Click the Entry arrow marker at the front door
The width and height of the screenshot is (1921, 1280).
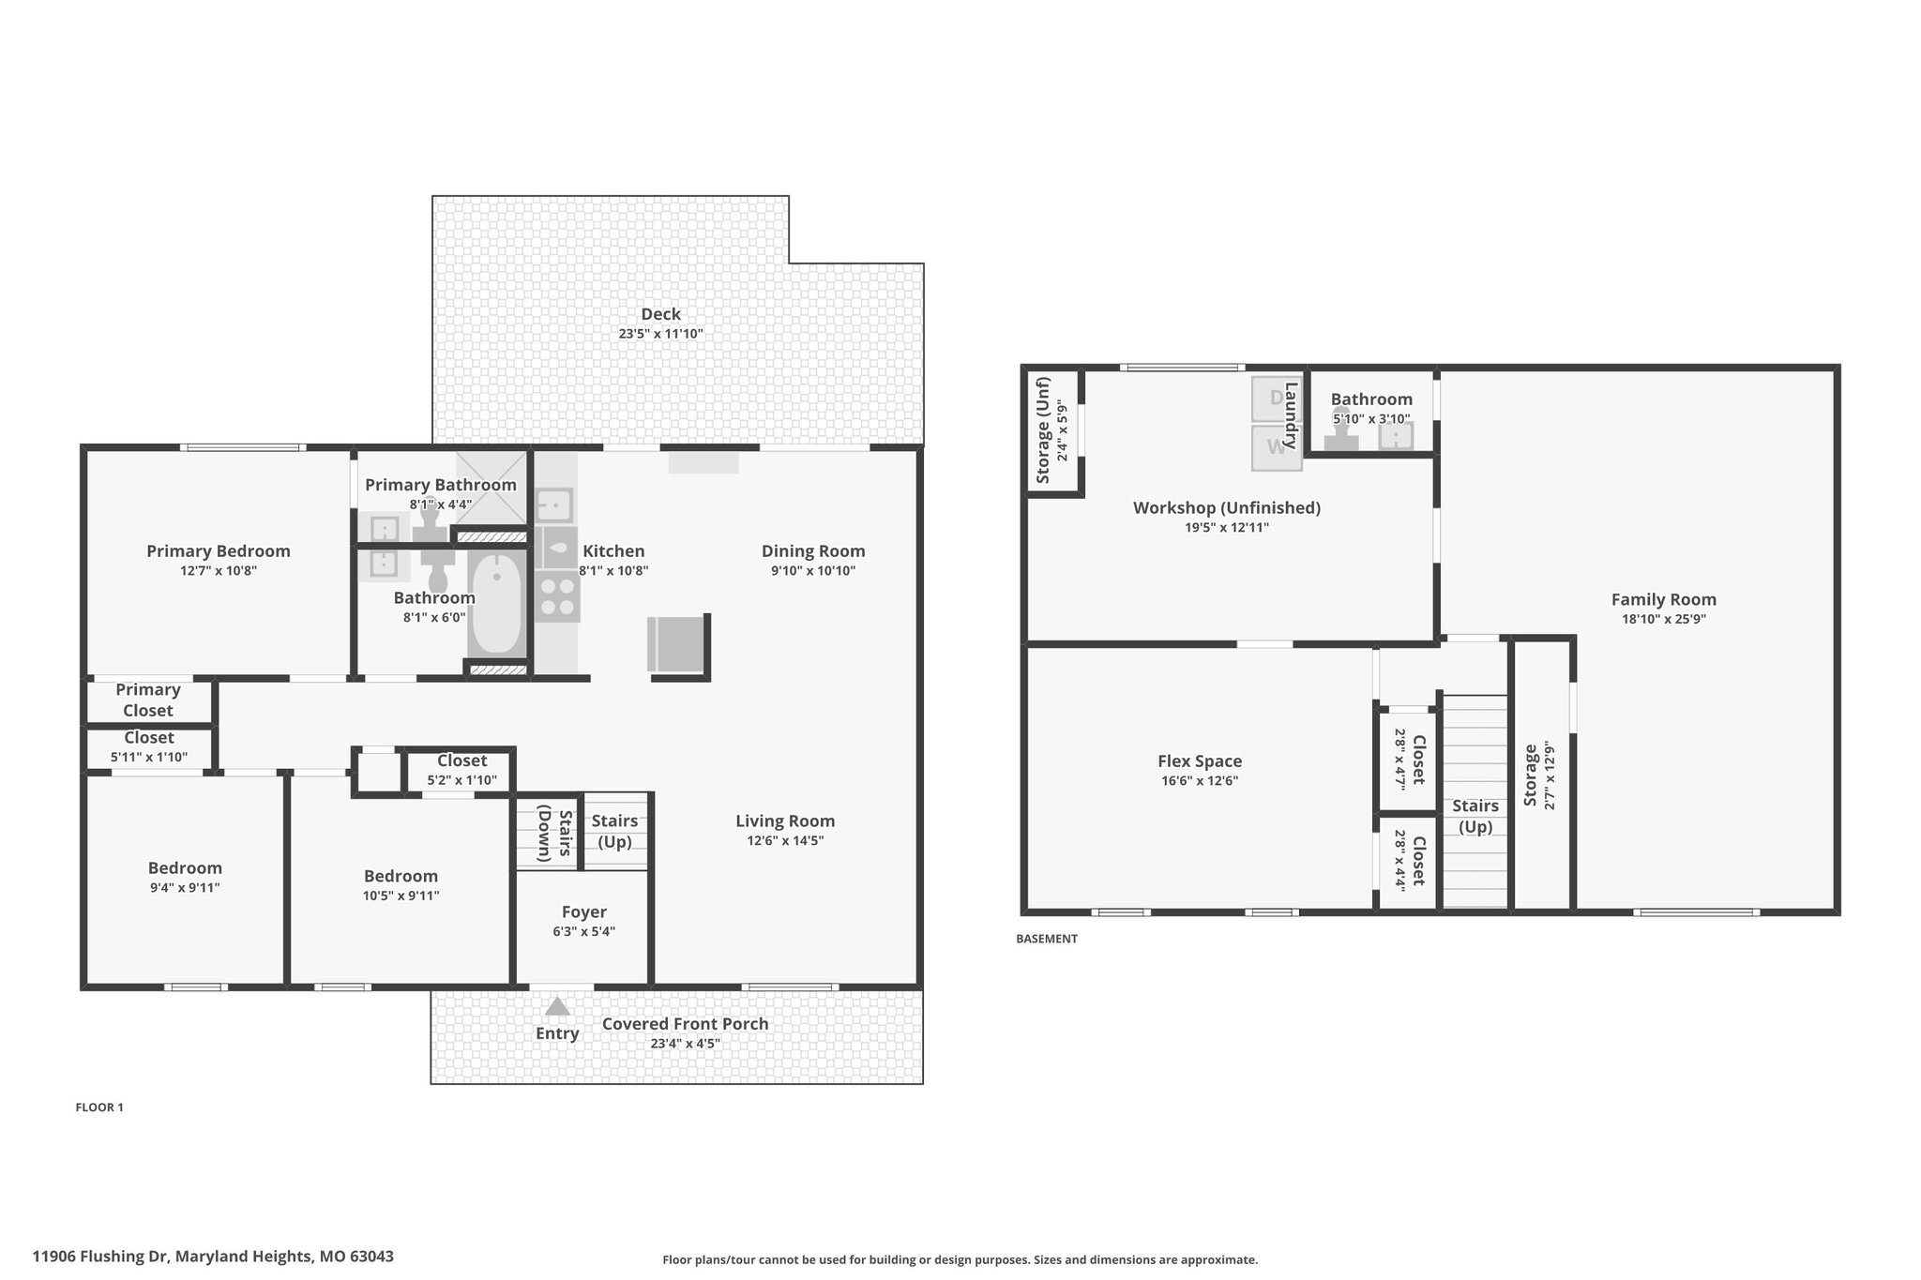(x=557, y=1006)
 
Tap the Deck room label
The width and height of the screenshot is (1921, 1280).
(x=661, y=314)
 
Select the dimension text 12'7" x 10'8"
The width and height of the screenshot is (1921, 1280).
(x=219, y=570)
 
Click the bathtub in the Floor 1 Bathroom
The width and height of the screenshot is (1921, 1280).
(x=496, y=603)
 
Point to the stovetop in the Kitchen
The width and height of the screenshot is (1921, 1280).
(x=557, y=598)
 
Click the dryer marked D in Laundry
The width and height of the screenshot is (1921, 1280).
(x=1276, y=399)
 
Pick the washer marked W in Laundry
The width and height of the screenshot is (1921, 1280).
(x=1276, y=447)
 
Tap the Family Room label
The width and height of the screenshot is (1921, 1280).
(x=1664, y=599)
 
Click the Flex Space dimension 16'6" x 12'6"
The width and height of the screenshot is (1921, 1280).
(x=1200, y=780)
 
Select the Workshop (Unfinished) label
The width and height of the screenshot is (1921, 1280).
(x=1227, y=507)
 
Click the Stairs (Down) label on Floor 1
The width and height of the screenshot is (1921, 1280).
(x=554, y=833)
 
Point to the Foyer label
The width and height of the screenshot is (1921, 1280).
(x=584, y=911)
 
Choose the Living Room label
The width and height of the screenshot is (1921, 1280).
(x=785, y=821)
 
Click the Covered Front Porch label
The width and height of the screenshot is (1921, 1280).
(x=685, y=1024)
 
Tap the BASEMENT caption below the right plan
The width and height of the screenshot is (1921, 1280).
(x=1047, y=939)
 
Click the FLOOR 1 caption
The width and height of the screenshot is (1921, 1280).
(x=99, y=1107)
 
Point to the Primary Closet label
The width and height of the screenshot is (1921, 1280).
(x=148, y=700)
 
